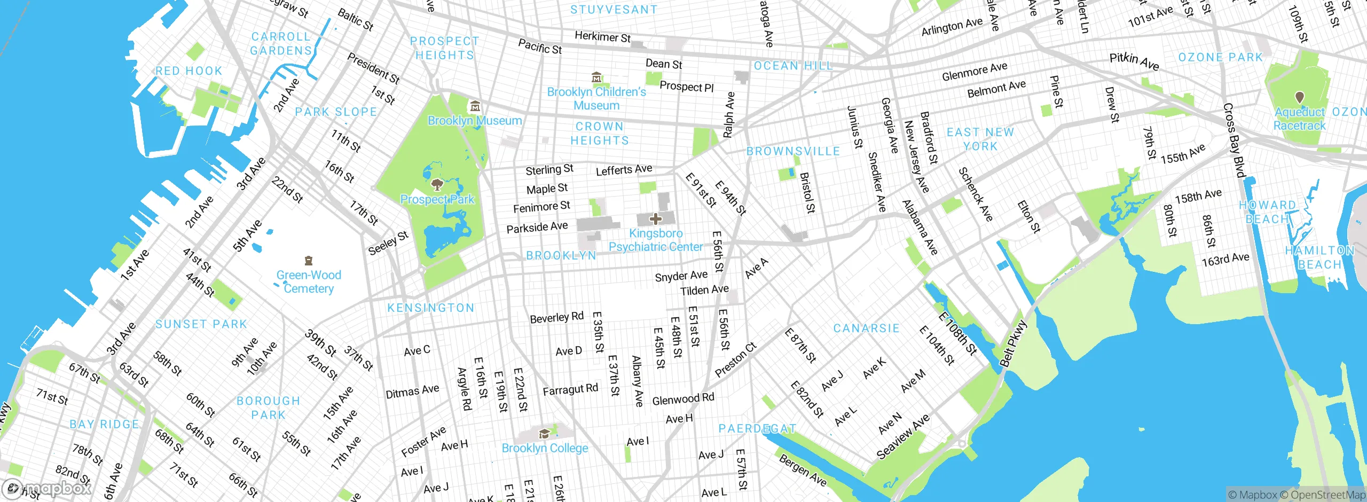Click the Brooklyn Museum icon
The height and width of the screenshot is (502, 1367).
click(x=475, y=106)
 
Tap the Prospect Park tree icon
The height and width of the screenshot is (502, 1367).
click(x=437, y=185)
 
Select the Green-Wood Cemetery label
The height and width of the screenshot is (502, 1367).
click(x=308, y=281)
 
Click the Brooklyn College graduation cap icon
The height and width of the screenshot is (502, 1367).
click(x=544, y=434)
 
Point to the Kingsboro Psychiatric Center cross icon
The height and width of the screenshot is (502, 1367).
click(x=656, y=219)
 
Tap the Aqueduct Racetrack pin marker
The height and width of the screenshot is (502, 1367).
click(x=1300, y=97)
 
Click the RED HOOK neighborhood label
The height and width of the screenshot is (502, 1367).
click(x=188, y=71)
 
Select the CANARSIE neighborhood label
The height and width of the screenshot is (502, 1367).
click(x=866, y=328)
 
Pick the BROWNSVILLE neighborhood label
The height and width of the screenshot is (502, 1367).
click(x=793, y=152)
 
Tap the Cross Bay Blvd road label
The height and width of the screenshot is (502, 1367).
click(x=1234, y=140)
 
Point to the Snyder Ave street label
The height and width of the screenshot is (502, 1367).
click(x=681, y=276)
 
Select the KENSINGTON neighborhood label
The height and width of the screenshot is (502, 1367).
click(x=430, y=308)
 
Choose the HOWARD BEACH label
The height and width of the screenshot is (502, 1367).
click(x=1267, y=212)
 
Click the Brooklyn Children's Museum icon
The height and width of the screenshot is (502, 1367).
click(x=596, y=78)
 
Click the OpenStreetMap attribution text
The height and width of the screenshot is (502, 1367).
click(x=1327, y=495)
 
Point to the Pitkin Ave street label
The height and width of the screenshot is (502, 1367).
click(x=1134, y=61)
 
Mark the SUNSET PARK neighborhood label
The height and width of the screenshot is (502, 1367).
click(x=201, y=324)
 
